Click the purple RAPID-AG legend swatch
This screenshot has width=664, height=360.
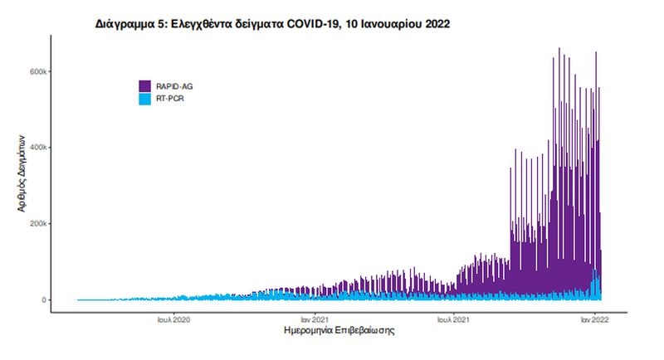pos(144,85)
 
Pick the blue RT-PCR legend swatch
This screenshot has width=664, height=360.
pos(144,99)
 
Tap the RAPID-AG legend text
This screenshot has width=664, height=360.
pos(174,85)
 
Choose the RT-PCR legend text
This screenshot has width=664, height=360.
pos(170,99)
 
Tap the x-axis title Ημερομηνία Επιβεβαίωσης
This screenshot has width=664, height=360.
pos(339,331)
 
